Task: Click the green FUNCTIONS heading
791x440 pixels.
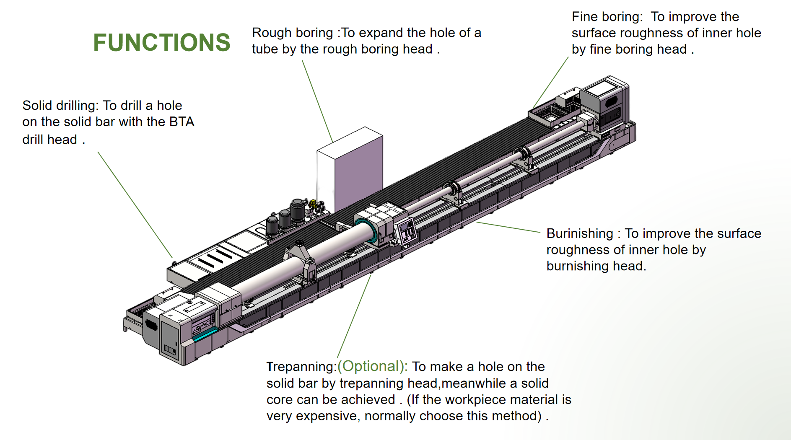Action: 161,42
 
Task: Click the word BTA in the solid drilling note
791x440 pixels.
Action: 182,122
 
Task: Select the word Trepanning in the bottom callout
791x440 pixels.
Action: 301,367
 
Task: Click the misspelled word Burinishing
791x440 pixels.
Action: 580,233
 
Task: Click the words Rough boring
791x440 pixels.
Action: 292,33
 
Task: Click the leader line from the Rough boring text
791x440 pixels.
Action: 317,101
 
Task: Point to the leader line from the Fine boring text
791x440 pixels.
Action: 551,82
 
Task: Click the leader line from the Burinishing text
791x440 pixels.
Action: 508,227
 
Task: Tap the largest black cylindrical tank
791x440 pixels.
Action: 298,210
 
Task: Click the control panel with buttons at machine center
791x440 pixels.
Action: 406,231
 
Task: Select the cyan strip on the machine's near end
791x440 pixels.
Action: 205,334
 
